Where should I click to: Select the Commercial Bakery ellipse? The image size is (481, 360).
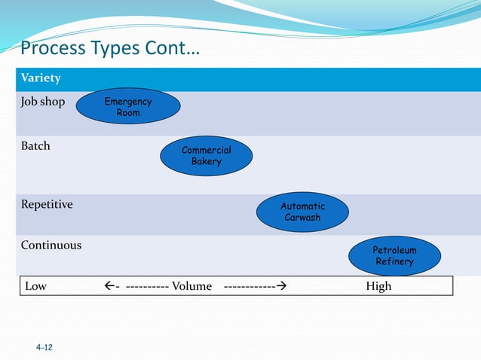[206, 155]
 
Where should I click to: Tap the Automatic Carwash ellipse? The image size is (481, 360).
[302, 212]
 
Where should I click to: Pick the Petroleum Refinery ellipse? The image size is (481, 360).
[394, 255]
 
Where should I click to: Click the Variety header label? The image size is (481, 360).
[41, 78]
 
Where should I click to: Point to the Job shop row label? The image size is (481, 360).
[43, 102]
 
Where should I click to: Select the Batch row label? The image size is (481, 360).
[35, 145]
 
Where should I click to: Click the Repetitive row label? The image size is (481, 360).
[47, 204]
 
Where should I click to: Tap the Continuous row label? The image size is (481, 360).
[51, 246]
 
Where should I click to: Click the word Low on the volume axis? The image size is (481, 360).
[36, 286]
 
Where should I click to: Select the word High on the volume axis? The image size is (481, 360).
[378, 286]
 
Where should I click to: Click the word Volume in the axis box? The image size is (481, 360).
[191, 286]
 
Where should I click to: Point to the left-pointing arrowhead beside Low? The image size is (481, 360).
[109, 286]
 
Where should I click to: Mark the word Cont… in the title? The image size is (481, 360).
[170, 50]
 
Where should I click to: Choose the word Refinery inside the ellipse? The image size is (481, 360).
[394, 261]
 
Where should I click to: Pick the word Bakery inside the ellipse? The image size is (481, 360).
[206, 161]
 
